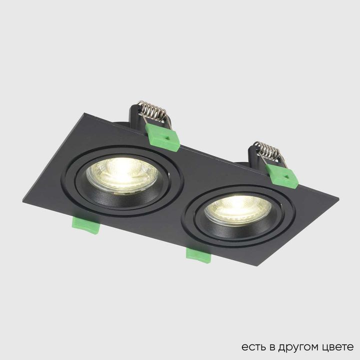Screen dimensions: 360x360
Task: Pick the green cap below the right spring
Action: click(282, 175)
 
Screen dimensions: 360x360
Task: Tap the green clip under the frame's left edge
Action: click(87, 225)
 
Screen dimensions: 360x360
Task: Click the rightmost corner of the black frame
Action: click(338, 200)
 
